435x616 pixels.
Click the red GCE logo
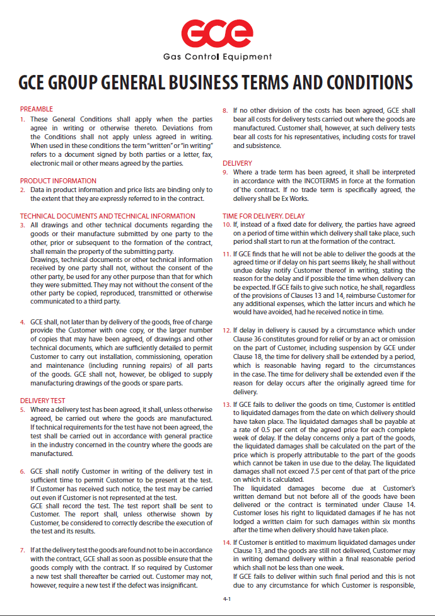point(217,31)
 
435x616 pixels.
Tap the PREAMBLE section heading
point(37,109)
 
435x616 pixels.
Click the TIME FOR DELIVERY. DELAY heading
point(264,216)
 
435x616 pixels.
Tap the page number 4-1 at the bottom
point(227,599)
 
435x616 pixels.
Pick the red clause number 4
point(23,321)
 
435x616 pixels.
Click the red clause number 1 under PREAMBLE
point(23,119)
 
